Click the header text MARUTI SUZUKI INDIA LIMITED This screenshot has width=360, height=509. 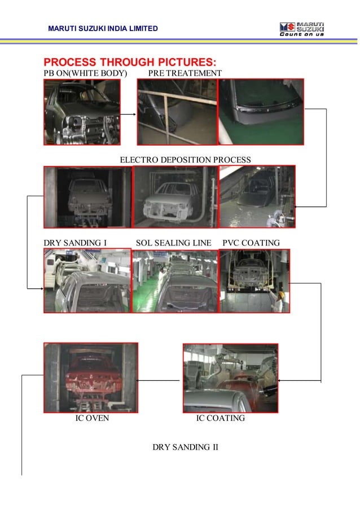(x=103, y=28)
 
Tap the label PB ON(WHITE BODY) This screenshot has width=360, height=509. (x=86, y=73)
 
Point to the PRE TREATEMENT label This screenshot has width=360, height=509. (x=185, y=73)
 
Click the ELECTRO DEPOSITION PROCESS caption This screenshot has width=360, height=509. (x=186, y=160)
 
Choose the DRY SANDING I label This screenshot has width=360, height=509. (x=76, y=243)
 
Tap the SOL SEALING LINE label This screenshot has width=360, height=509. (x=173, y=243)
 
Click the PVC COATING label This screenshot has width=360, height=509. (x=251, y=243)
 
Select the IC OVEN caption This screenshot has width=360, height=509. (x=92, y=419)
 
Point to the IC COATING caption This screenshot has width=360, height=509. (x=220, y=419)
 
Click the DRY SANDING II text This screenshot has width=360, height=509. (x=185, y=447)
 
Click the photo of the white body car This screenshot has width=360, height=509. (x=82, y=112)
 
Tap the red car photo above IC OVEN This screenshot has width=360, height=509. (x=90, y=378)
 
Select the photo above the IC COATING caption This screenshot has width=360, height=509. (x=230, y=378)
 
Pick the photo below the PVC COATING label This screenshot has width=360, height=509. (x=254, y=280)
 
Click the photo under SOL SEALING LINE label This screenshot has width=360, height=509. (x=174, y=281)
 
